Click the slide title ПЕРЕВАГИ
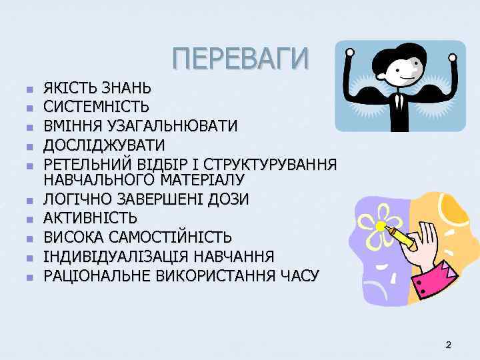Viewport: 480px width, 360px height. (241, 58)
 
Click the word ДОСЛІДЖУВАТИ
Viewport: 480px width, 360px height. (104, 145)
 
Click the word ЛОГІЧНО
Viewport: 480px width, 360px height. (76, 199)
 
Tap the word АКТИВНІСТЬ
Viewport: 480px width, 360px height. (91, 217)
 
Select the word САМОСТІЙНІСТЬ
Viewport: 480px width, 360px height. (177, 237)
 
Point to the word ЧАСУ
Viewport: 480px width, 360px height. (301, 275)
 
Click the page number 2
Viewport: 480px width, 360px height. (448, 345)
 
